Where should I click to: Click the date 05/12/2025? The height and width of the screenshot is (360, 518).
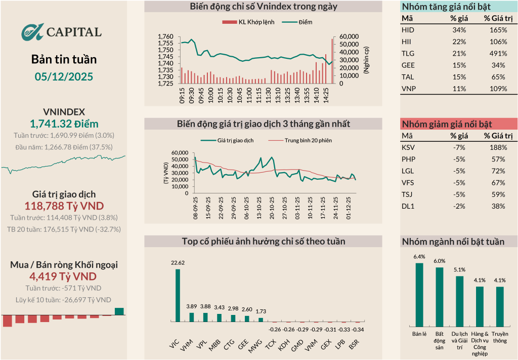pos(64,77)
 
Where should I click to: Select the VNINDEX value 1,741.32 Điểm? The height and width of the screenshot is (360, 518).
pos(64,124)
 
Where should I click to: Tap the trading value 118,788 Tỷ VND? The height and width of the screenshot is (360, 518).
pos(64,206)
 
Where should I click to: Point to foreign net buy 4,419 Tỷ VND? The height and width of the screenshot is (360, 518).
pos(64,276)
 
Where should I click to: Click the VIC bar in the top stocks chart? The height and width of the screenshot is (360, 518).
pos(178,295)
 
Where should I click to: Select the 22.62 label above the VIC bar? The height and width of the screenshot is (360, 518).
pos(178,263)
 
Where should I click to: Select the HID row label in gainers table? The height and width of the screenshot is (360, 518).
pos(407,30)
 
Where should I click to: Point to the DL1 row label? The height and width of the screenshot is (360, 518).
pos(407,206)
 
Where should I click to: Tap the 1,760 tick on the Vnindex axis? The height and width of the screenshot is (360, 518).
pos(165,37)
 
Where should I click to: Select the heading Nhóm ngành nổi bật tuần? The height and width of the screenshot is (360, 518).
pos(453,242)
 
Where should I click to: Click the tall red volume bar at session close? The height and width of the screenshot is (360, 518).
pos(332,61)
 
